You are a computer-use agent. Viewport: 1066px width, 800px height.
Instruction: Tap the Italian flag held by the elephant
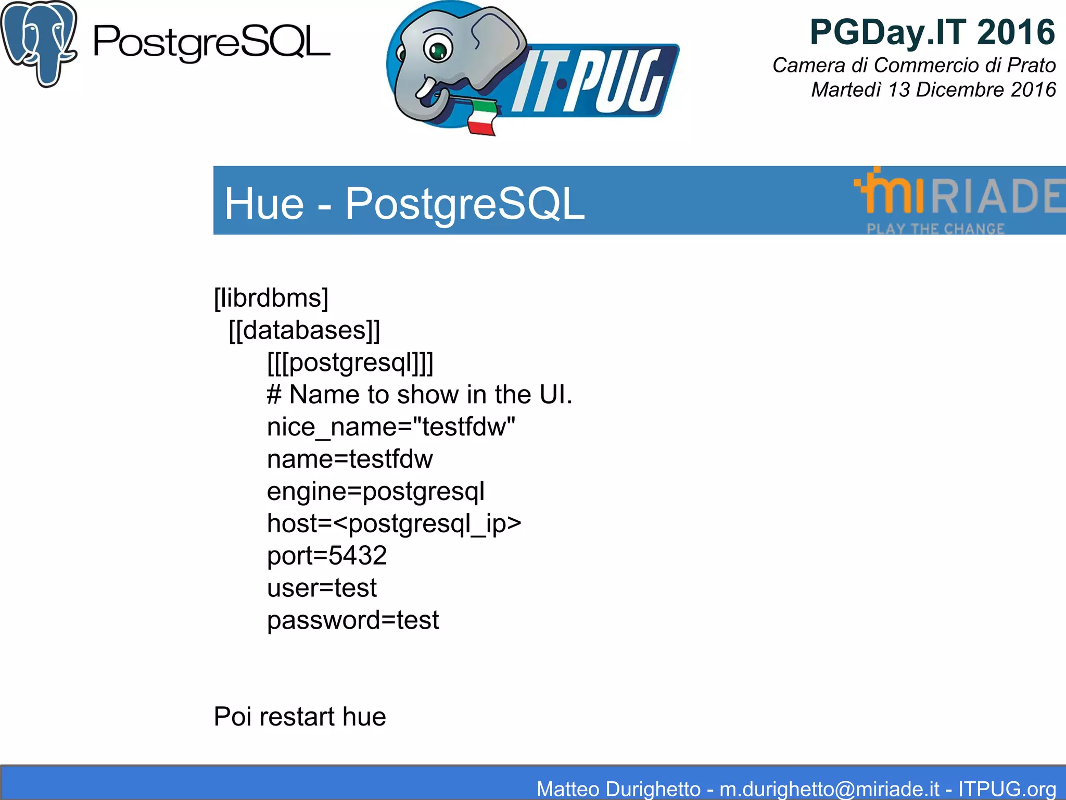point(481,117)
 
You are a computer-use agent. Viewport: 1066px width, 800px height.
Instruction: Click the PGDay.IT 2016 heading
point(932,32)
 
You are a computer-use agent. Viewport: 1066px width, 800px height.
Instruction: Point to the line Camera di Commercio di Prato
point(913,66)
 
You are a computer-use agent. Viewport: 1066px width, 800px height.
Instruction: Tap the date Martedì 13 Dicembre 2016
point(933,90)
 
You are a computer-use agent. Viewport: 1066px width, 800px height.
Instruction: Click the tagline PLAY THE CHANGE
point(935,229)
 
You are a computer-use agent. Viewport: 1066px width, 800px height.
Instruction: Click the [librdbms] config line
point(271,298)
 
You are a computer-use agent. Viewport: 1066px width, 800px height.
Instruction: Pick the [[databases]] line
point(304,331)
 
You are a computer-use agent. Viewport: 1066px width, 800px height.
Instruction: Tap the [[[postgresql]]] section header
point(350,363)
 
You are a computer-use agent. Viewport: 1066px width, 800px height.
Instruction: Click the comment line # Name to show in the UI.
point(420,395)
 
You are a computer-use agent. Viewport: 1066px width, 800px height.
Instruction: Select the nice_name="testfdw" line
point(391,427)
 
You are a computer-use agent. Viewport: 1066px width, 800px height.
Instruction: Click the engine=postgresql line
point(375,491)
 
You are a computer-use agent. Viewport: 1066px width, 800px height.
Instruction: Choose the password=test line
point(353,620)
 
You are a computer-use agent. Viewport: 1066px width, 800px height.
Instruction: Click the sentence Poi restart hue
point(300,717)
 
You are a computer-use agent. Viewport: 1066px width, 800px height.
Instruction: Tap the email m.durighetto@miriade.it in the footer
point(829,789)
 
